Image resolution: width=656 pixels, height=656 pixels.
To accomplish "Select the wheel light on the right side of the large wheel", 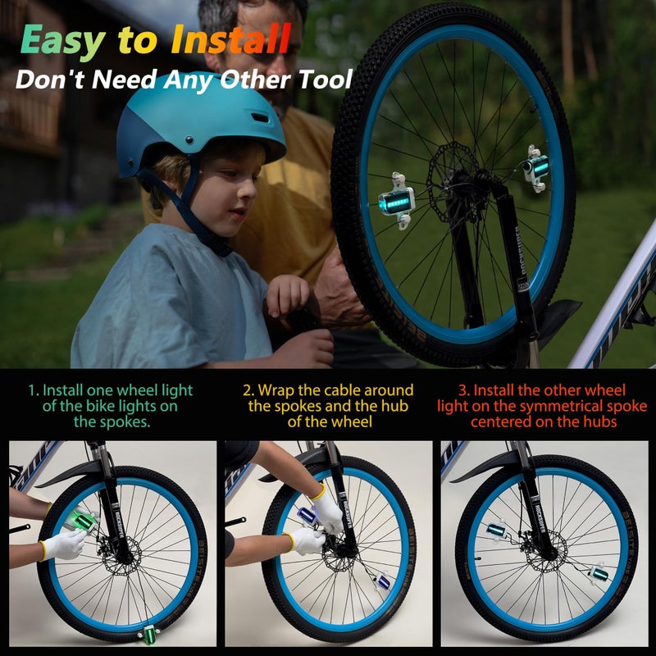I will click(536, 168).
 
